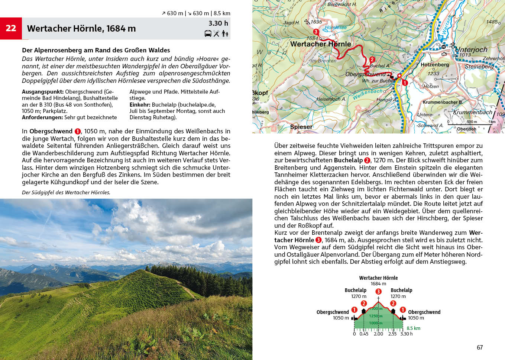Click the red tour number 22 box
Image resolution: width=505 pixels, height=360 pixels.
click(11, 28)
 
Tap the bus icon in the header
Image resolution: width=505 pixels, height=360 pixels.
click(208, 34)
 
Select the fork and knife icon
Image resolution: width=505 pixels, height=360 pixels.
click(216, 34)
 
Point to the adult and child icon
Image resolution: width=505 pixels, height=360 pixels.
click(225, 34)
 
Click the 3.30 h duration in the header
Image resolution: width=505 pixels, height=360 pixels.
click(218, 23)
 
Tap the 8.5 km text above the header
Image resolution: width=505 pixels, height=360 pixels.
click(222, 13)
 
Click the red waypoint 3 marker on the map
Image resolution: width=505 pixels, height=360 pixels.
click(316, 32)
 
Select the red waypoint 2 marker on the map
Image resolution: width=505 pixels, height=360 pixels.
click(372, 59)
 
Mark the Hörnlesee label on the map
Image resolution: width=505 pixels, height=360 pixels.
click(336, 27)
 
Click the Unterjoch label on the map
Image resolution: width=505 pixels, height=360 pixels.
click(471, 49)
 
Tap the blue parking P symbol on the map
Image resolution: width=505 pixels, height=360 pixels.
click(441, 38)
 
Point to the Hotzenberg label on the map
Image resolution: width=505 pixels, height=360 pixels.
click(435, 65)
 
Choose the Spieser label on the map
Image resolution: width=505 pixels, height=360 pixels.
click(301, 127)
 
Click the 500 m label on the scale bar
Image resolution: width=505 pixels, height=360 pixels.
click(472, 122)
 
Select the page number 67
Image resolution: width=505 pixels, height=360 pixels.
click(480, 347)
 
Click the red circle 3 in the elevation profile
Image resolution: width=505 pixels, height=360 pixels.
click(378, 292)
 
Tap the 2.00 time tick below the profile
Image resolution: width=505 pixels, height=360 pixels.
click(378, 334)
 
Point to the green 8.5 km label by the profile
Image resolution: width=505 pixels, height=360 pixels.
click(413, 328)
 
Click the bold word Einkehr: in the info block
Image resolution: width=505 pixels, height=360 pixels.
click(140, 105)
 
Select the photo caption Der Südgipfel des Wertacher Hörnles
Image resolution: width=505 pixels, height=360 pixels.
click(66, 192)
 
